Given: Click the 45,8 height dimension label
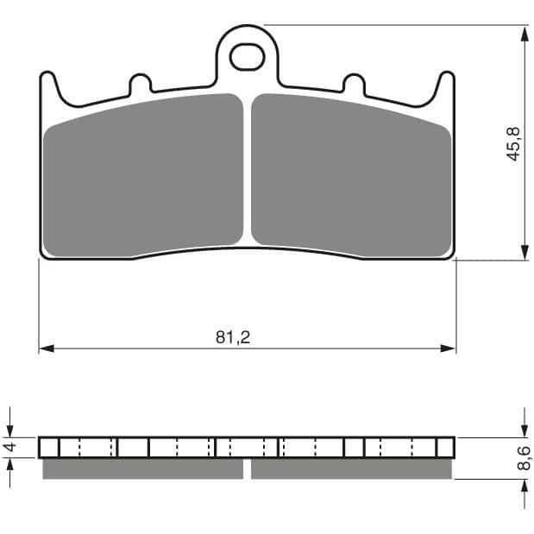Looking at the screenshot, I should [514, 144].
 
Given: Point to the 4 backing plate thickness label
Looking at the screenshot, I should [10, 447].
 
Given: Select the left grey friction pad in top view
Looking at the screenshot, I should [143, 175].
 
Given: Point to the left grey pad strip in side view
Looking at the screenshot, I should [142, 468].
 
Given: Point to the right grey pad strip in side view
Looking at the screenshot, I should [352, 468].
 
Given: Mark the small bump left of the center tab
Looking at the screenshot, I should [140, 83].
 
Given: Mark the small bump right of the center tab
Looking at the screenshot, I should [354, 83].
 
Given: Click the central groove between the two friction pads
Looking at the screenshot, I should [248, 173].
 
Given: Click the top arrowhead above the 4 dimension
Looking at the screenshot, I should [10, 430].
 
